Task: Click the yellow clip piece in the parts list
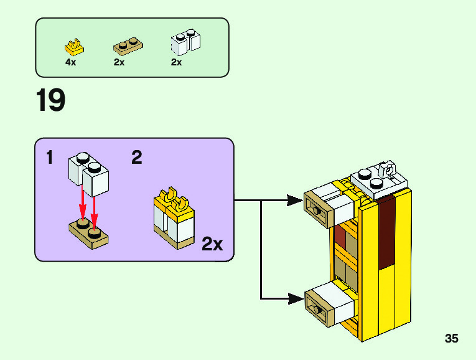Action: tap(74, 47)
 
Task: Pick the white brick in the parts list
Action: tap(185, 42)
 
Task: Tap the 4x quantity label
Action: tap(70, 62)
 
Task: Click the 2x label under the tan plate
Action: tap(119, 62)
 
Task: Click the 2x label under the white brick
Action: tap(176, 62)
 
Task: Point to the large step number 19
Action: tap(50, 101)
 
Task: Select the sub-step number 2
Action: tap(137, 158)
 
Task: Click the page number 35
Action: tap(452, 339)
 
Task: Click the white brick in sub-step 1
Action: tap(90, 174)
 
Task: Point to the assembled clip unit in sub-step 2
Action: tap(175, 219)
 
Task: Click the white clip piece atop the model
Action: tap(388, 169)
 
